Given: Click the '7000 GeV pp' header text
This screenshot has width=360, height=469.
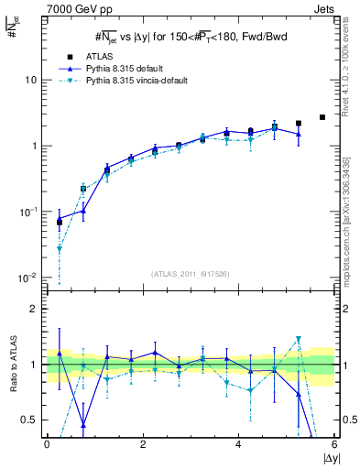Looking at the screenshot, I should (73, 8).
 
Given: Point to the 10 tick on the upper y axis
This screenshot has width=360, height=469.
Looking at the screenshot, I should (30, 80).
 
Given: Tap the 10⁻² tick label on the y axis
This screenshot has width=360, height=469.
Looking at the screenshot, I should (27, 278).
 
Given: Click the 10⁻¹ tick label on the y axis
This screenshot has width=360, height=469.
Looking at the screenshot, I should (27, 212).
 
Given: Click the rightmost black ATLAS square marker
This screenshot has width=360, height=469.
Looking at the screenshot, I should (322, 117).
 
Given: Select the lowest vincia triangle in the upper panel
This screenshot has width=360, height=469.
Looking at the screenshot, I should (60, 248).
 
